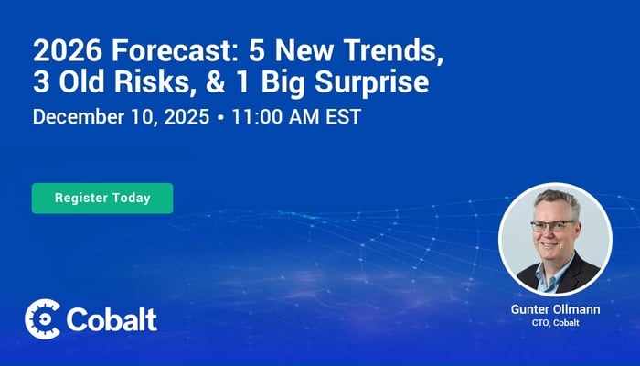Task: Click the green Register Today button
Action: [102, 198]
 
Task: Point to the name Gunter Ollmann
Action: [556, 310]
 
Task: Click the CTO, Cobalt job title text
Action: [556, 324]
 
